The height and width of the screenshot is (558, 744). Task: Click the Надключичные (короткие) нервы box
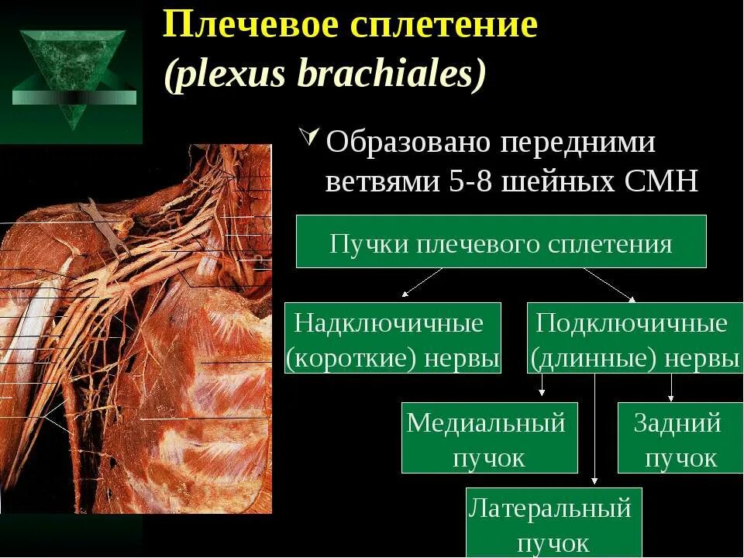coord(393,338)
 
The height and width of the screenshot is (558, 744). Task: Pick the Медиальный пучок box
coord(489,438)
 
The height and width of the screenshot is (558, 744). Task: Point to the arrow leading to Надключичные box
coord(422,282)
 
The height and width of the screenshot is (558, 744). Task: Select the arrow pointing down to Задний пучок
coord(671,387)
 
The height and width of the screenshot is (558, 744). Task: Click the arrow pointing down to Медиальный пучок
coord(542,387)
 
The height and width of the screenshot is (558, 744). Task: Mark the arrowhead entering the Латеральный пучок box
coord(594,481)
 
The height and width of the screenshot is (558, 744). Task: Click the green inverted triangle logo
coord(74,74)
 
